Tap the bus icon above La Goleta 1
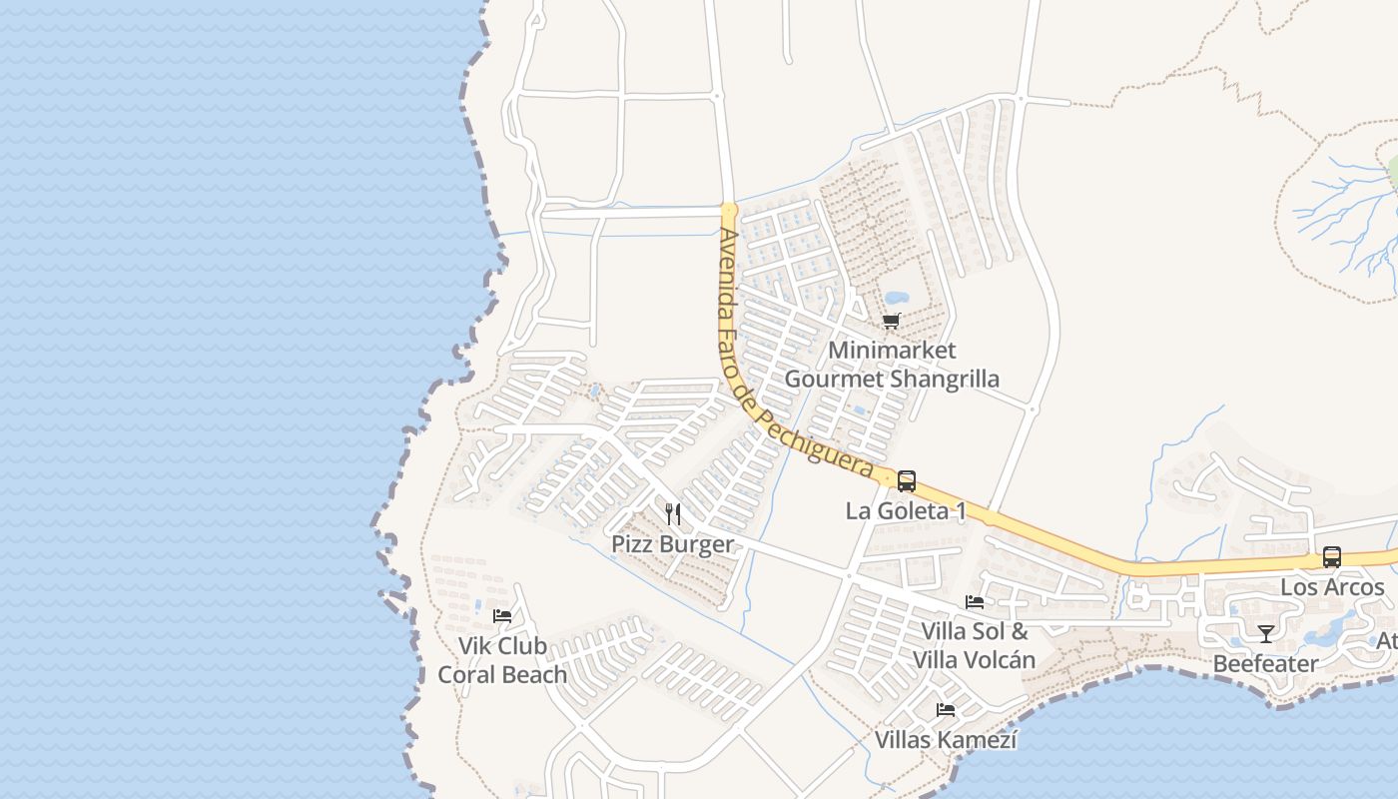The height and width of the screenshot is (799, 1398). [906, 481]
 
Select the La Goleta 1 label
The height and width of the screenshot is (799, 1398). [906, 511]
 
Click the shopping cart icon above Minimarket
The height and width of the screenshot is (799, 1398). [891, 321]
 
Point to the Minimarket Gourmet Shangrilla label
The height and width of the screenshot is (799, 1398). [892, 365]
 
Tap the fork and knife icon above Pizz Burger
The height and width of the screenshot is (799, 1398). [673, 514]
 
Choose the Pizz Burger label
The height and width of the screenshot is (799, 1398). [672, 544]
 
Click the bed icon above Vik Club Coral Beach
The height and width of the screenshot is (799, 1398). [502, 616]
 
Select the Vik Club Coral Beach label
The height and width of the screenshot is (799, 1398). [502, 660]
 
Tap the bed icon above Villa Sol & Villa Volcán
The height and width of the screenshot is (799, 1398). [975, 602]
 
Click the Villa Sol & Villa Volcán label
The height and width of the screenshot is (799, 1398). [974, 645]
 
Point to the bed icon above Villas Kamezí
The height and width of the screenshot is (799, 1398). [946, 710]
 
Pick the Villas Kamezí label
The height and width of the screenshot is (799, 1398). [946, 740]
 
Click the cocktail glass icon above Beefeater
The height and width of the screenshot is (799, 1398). [1265, 633]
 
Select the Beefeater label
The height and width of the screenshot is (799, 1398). [1265, 663]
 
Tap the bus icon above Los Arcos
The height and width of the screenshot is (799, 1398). [1331, 557]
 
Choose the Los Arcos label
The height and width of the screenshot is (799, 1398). [1332, 587]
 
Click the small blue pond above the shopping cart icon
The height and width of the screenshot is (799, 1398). [896, 298]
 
